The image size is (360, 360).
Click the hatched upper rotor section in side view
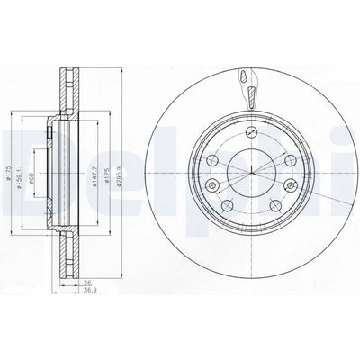click(68, 90)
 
